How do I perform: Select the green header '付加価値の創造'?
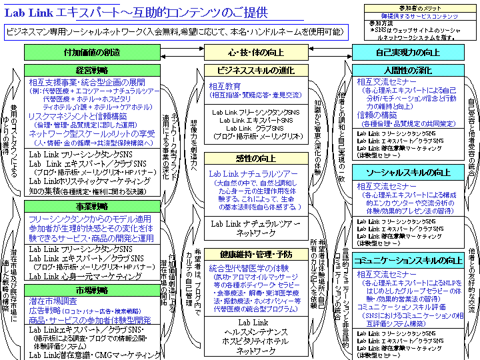click(x=92, y=53)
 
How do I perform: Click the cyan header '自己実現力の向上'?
click(x=407, y=53)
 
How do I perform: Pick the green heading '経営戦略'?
click(x=92, y=69)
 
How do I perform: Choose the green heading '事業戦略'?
click(x=92, y=206)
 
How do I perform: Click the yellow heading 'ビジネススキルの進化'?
click(x=244, y=70)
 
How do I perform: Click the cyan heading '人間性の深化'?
click(x=407, y=70)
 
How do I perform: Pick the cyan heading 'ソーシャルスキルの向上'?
click(x=407, y=173)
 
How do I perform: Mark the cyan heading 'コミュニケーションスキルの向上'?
click(x=407, y=260)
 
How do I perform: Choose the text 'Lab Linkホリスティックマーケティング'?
click(x=86, y=180)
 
